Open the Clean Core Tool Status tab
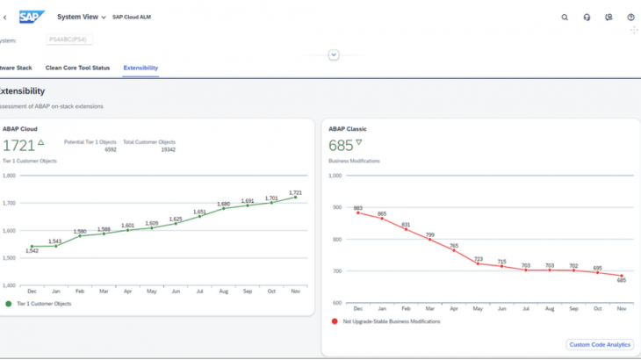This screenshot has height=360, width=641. click(77, 68)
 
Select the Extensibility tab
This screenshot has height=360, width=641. click(140, 68)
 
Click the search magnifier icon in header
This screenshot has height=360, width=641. click(565, 17)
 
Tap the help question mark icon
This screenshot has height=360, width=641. click(630, 17)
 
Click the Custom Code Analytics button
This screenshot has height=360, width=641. click(600, 345)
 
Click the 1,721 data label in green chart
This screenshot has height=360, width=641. click(295, 192)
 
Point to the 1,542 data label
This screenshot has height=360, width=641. click(32, 251)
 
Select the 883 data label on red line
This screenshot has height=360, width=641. click(358, 207)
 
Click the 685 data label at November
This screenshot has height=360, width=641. click(622, 281)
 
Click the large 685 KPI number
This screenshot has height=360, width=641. click(341, 146)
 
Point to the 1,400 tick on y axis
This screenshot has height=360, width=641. click(11, 285)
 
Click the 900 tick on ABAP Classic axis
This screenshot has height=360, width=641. click(336, 207)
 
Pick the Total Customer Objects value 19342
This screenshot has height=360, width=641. click(168, 149)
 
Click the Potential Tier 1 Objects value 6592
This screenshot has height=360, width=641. click(111, 149)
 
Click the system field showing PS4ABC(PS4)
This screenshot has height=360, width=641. click(69, 40)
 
